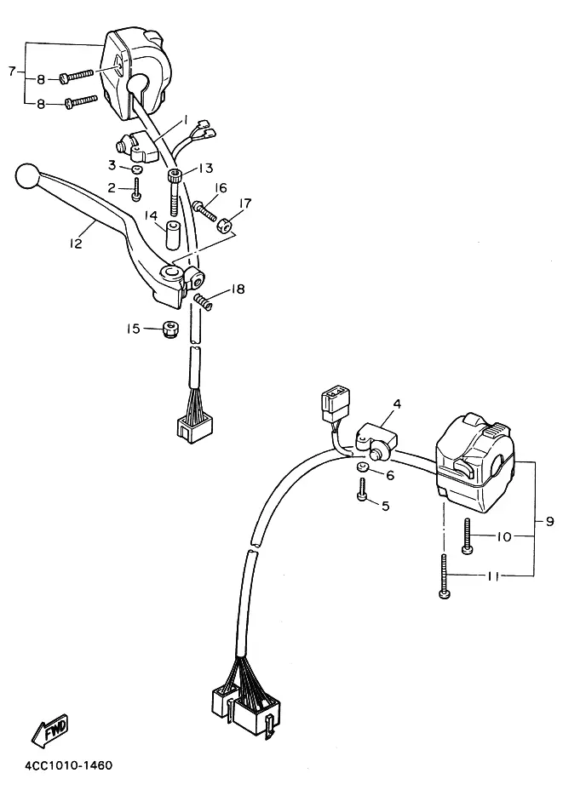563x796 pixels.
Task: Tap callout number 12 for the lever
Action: (x=76, y=243)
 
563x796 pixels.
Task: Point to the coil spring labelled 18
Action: (x=203, y=301)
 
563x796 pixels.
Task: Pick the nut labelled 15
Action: (x=168, y=329)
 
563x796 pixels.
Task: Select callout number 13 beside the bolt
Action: (x=205, y=168)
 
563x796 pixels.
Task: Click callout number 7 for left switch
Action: (x=12, y=71)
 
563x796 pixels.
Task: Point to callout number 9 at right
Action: (x=550, y=521)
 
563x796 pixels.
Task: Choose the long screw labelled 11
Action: (x=445, y=576)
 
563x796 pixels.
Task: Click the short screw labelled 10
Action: (x=467, y=535)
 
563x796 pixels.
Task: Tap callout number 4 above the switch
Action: (x=397, y=404)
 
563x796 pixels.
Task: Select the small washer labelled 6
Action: (x=361, y=468)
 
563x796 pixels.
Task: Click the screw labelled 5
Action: (x=363, y=490)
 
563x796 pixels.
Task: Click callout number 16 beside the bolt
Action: (x=221, y=188)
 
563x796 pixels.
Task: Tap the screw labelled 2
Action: (x=136, y=190)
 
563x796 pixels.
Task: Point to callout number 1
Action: (x=186, y=120)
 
